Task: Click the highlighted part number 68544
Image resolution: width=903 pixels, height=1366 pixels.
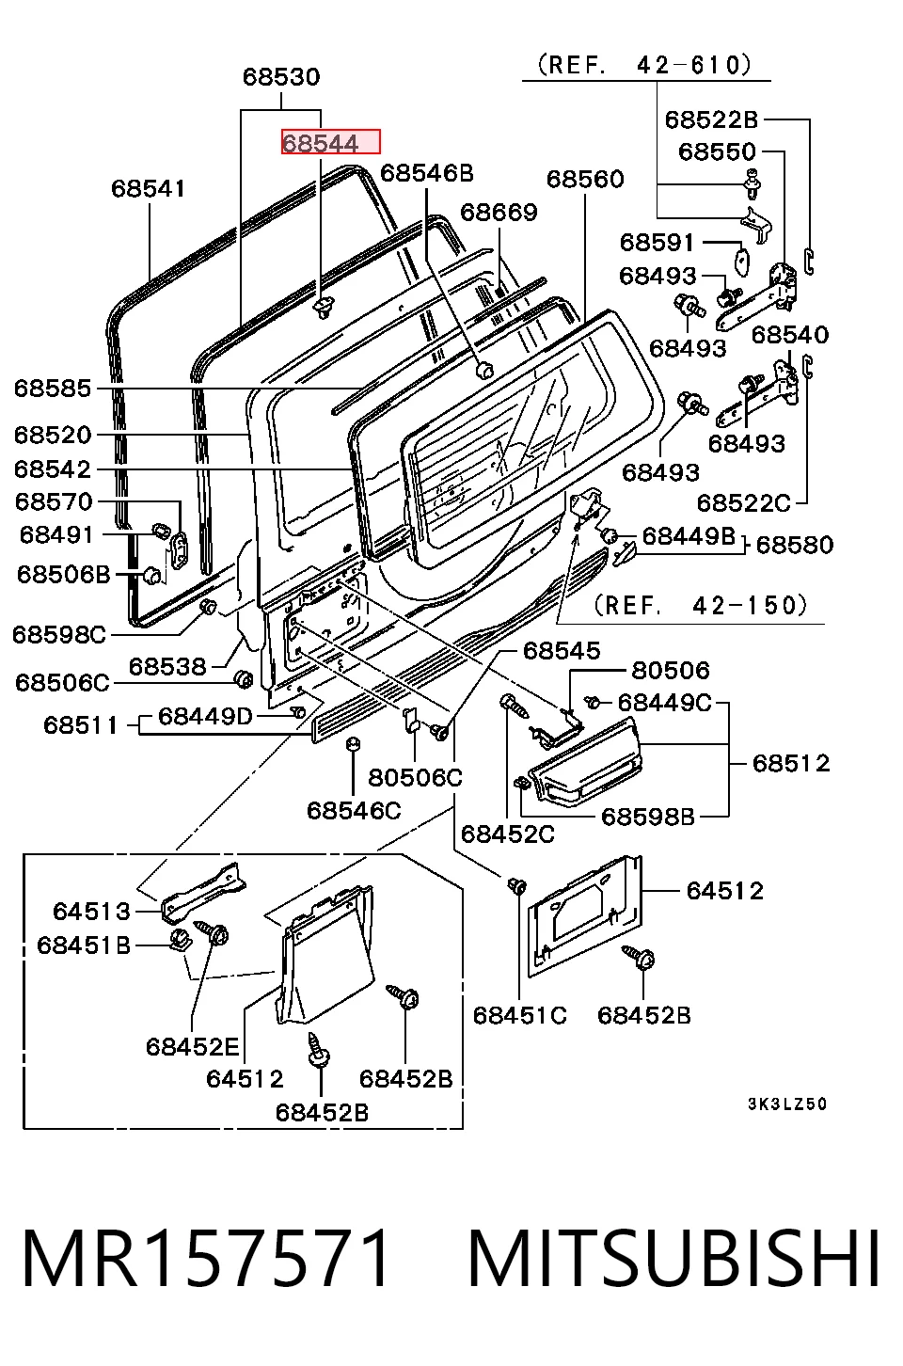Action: point(321,143)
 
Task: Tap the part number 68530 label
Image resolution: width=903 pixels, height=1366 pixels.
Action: point(281,77)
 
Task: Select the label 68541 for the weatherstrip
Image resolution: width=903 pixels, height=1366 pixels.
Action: point(149,189)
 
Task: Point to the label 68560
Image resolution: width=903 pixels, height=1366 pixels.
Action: point(585,180)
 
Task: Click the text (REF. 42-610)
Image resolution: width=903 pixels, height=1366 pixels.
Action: point(644,65)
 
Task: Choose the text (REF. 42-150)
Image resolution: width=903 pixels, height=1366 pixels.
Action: point(701,606)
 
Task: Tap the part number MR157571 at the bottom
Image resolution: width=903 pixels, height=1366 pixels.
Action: point(205,1259)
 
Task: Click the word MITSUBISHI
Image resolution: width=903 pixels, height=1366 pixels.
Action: point(673,1259)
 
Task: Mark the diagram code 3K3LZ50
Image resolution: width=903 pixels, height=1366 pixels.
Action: point(787,1104)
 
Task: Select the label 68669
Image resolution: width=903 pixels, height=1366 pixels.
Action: point(499,213)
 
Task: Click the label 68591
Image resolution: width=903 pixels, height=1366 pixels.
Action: point(657,243)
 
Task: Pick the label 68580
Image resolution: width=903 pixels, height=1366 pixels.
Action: point(795,546)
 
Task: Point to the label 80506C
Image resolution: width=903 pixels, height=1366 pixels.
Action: point(416,777)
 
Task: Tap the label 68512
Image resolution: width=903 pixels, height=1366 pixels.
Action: point(791,764)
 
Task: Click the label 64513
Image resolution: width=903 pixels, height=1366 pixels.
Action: point(91,912)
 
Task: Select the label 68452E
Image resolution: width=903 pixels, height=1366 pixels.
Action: point(193,1047)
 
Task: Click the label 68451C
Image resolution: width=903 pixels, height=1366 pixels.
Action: point(520,1016)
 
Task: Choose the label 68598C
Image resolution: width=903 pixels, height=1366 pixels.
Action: point(59,635)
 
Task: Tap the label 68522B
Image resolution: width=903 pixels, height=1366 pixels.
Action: point(711,120)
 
